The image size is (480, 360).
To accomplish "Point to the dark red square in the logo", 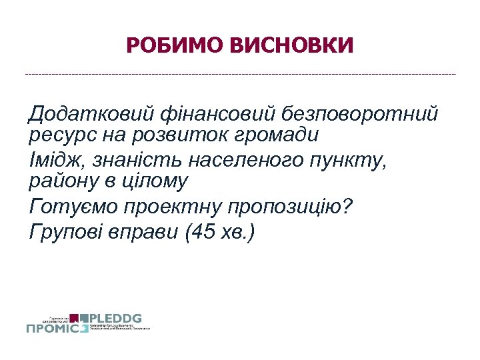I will (75, 317).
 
